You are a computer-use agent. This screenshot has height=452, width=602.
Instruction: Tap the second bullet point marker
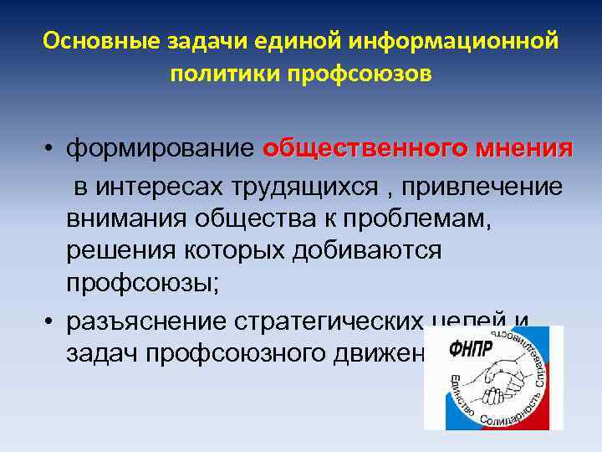(52, 321)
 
